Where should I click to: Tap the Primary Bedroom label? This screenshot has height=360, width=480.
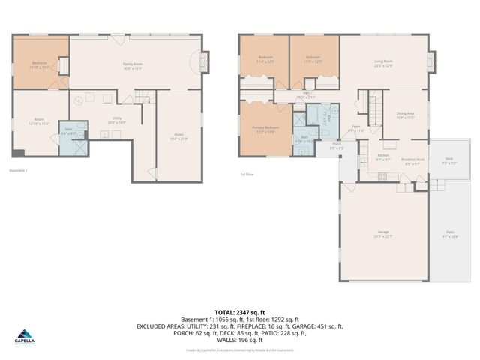pos(265,130)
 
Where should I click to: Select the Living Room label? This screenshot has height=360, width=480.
pos(383,64)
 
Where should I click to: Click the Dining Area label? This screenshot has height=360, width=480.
pos(406,115)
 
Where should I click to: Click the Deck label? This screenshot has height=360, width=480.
pos(449,160)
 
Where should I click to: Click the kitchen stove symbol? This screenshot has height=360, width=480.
pos(382,176)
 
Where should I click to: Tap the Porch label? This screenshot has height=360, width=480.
pos(337,145)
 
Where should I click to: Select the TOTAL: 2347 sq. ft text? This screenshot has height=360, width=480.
pos(240,312)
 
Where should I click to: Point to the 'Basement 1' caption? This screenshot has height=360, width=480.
pos(18,171)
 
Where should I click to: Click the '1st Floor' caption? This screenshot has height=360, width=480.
pos(247,175)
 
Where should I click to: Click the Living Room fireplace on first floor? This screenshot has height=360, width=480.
pos(431,61)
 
